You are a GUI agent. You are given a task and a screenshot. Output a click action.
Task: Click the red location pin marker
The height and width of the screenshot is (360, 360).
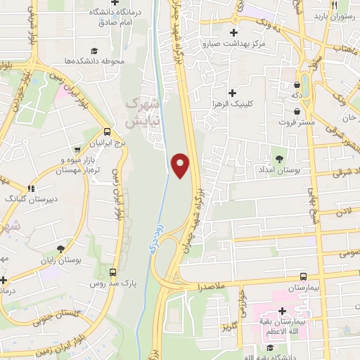pos(181,165)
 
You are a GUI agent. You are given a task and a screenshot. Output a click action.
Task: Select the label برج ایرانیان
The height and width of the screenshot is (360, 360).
pos(108,143)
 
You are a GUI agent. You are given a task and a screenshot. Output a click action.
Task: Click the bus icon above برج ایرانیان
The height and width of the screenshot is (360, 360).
pos(107,131)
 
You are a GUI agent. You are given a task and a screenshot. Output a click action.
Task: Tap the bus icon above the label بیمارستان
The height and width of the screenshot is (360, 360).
pos(303,276)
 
